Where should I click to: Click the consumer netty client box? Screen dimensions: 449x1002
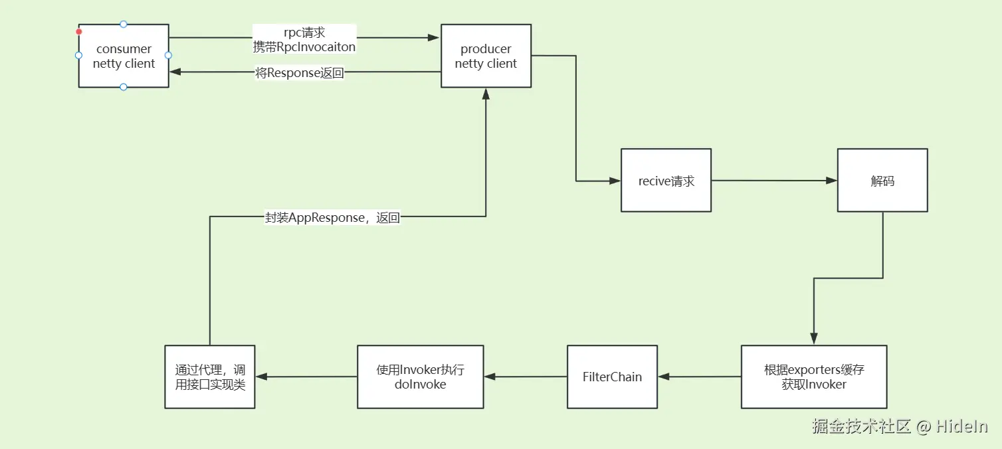click(x=124, y=56)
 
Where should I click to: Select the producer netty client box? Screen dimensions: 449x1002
click(x=486, y=56)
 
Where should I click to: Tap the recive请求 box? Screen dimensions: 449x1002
click(x=666, y=181)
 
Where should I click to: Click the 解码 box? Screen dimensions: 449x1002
click(x=882, y=181)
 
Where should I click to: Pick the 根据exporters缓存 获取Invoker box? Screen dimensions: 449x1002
click(x=813, y=377)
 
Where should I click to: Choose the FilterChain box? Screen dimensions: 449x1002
click(x=611, y=377)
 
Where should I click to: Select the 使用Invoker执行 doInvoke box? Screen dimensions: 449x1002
click(x=420, y=377)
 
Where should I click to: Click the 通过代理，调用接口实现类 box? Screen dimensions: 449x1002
click(x=209, y=377)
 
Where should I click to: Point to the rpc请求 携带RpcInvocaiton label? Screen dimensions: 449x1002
click(x=304, y=39)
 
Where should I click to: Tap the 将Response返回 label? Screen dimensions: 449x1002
click(x=300, y=73)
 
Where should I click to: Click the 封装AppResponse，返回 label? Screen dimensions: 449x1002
click(x=332, y=218)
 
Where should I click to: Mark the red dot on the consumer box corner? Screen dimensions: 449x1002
click(x=79, y=31)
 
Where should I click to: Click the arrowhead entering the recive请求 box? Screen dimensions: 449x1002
click(x=615, y=180)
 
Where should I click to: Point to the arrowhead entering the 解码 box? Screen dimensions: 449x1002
click(x=831, y=180)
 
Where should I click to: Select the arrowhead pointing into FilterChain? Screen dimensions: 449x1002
click(x=664, y=377)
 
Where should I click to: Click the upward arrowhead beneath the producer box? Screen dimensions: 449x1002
click(x=486, y=94)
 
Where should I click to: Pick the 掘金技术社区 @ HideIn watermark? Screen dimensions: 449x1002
click(x=900, y=426)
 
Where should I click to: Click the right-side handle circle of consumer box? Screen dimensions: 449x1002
click(x=168, y=55)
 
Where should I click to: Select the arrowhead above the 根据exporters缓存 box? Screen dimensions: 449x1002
click(x=813, y=339)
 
